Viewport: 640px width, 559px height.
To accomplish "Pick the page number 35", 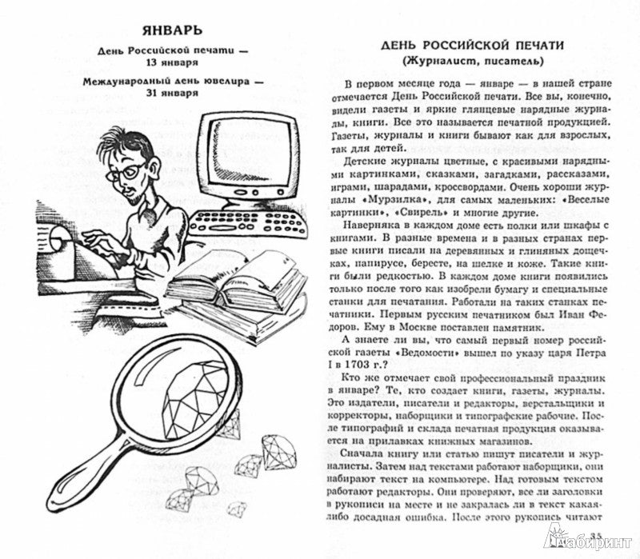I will (x=596, y=535).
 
